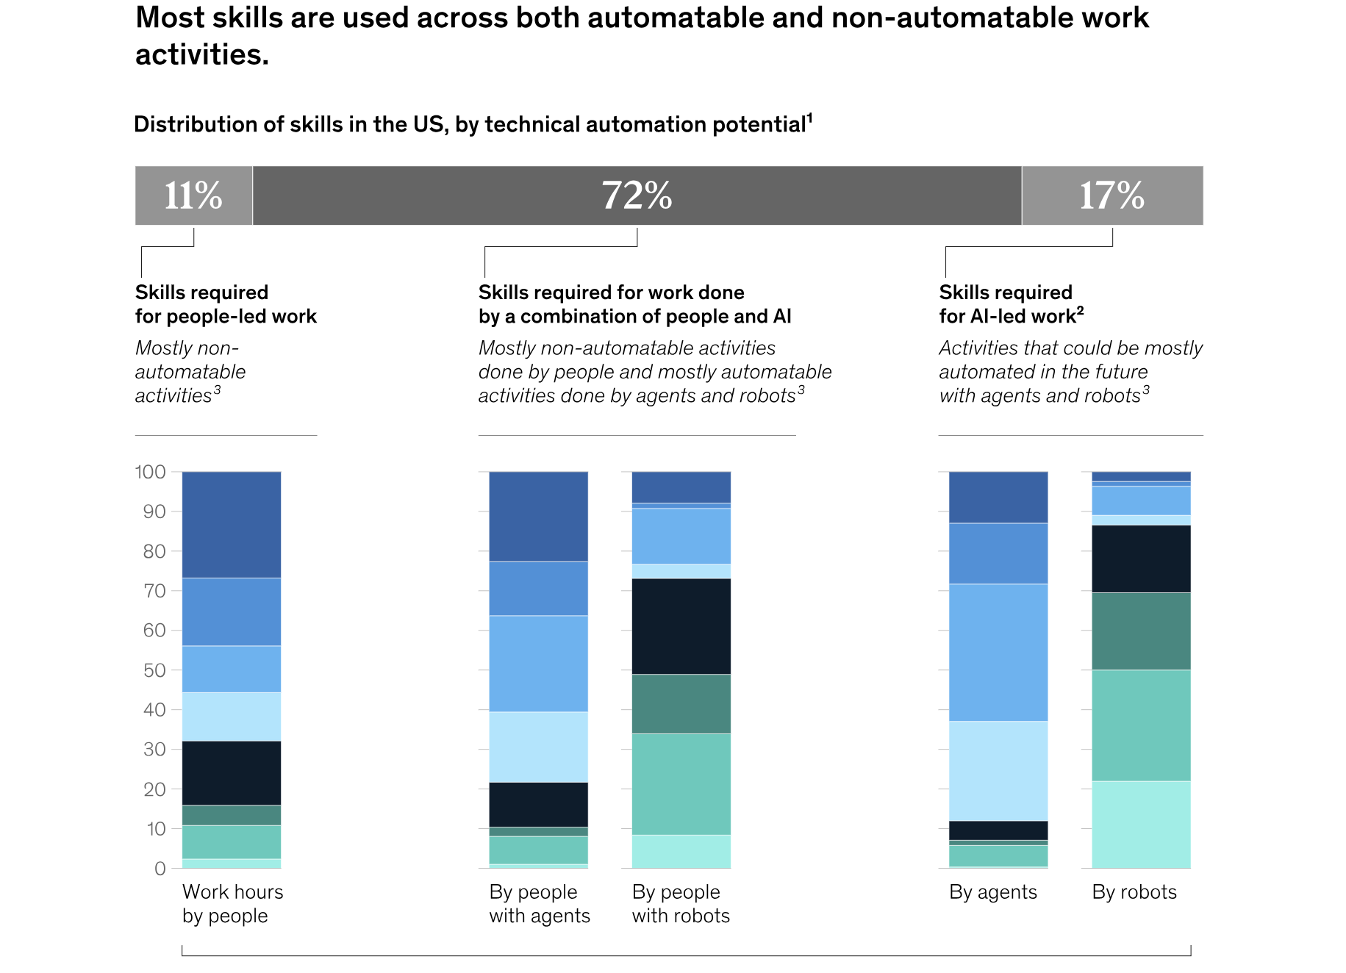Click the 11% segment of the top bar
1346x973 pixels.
[x=193, y=195]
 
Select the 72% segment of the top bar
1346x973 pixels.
[x=637, y=195]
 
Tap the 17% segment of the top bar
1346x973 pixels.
[x=1111, y=195]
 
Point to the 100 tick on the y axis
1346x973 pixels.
[x=151, y=472]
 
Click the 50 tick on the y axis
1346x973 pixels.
[x=154, y=670]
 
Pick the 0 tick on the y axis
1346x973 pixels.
[x=160, y=869]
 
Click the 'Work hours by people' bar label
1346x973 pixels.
[x=232, y=904]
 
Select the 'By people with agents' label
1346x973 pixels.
[x=540, y=904]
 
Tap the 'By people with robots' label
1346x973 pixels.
[x=681, y=904]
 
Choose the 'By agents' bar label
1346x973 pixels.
[x=992, y=892]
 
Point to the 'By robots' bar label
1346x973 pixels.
[x=1134, y=892]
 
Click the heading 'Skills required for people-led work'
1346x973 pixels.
[x=226, y=304]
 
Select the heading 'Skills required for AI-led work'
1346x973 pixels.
[x=1011, y=304]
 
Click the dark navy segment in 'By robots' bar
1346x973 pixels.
[x=1141, y=559]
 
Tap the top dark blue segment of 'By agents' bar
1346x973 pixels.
[x=998, y=498]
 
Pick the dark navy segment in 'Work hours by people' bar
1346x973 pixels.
[x=232, y=773]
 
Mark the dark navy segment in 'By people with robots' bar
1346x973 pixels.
[x=681, y=626]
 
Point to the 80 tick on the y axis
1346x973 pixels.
[x=154, y=551]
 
